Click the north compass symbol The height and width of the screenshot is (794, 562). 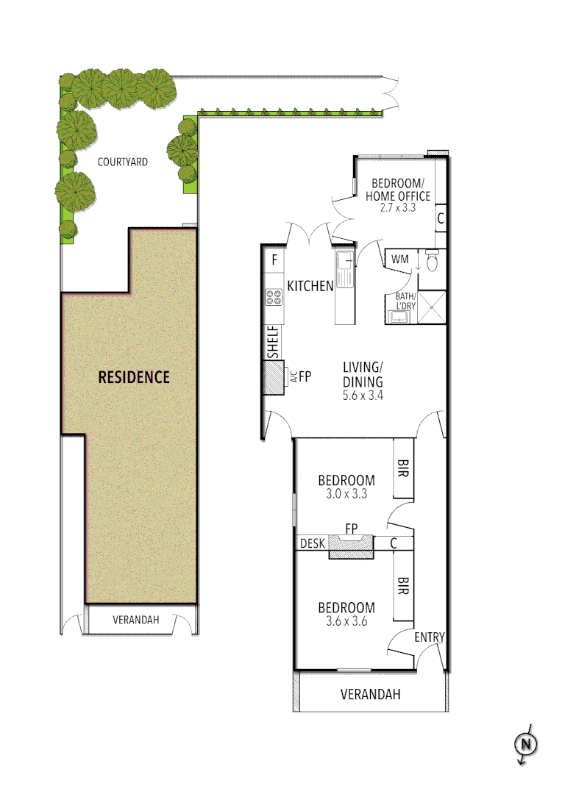click(x=526, y=744)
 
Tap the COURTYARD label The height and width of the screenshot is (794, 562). click(x=123, y=162)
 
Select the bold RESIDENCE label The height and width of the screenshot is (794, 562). click(x=134, y=377)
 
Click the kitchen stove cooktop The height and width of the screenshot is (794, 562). click(x=274, y=298)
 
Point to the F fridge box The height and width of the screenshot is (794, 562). click(x=274, y=260)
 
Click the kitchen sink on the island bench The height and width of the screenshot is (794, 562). click(x=344, y=262)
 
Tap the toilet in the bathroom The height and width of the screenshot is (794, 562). click(x=432, y=261)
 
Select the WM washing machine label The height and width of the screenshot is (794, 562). click(x=400, y=260)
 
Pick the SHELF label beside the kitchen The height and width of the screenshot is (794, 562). click(x=273, y=342)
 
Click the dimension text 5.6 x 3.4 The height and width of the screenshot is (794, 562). click(x=363, y=395)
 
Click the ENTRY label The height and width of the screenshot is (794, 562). click(x=430, y=637)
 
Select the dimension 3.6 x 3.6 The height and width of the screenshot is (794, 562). click(x=346, y=621)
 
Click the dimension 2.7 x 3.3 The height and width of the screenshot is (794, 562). click(x=397, y=208)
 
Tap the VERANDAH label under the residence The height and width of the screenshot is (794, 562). click(x=135, y=620)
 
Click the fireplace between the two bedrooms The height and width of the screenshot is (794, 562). click(x=351, y=545)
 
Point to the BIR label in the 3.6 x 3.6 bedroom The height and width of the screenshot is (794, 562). click(x=403, y=586)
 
